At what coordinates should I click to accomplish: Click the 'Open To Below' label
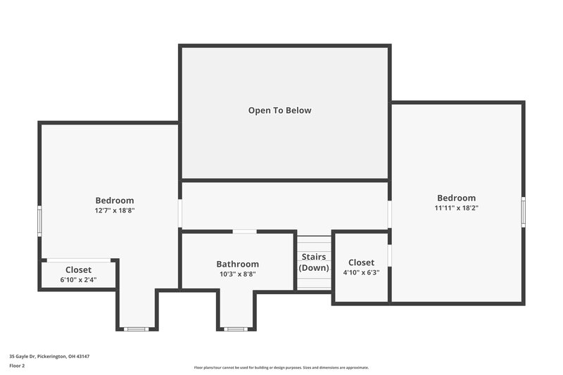[x=279, y=110]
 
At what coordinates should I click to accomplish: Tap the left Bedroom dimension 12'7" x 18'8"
[x=115, y=210]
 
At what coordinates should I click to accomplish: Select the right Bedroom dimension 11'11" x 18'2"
[x=456, y=208]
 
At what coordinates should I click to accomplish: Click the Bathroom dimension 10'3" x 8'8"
[x=237, y=274]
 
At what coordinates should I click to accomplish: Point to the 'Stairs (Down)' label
[x=314, y=262]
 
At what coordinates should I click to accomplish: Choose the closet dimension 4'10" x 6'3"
[x=361, y=272]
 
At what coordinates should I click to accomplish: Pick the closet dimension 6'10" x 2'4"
[x=78, y=279]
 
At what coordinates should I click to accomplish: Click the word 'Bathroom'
[x=237, y=264]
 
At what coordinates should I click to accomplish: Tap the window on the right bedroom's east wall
[x=523, y=212]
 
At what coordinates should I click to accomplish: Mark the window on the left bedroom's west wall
[x=39, y=220]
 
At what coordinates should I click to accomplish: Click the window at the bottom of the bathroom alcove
[x=236, y=329]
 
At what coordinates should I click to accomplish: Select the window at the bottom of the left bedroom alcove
[x=136, y=329]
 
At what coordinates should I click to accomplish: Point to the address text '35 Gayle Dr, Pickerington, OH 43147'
[x=49, y=356]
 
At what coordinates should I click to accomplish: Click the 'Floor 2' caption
[x=17, y=366]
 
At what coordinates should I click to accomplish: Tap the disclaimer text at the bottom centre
[x=281, y=367]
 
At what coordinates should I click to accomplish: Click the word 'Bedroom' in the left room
[x=115, y=201]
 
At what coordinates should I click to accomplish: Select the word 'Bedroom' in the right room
[x=456, y=198]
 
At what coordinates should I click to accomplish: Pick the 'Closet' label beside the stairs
[x=361, y=262]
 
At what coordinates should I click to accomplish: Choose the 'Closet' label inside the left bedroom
[x=78, y=269]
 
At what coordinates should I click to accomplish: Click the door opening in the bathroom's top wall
[x=244, y=231]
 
